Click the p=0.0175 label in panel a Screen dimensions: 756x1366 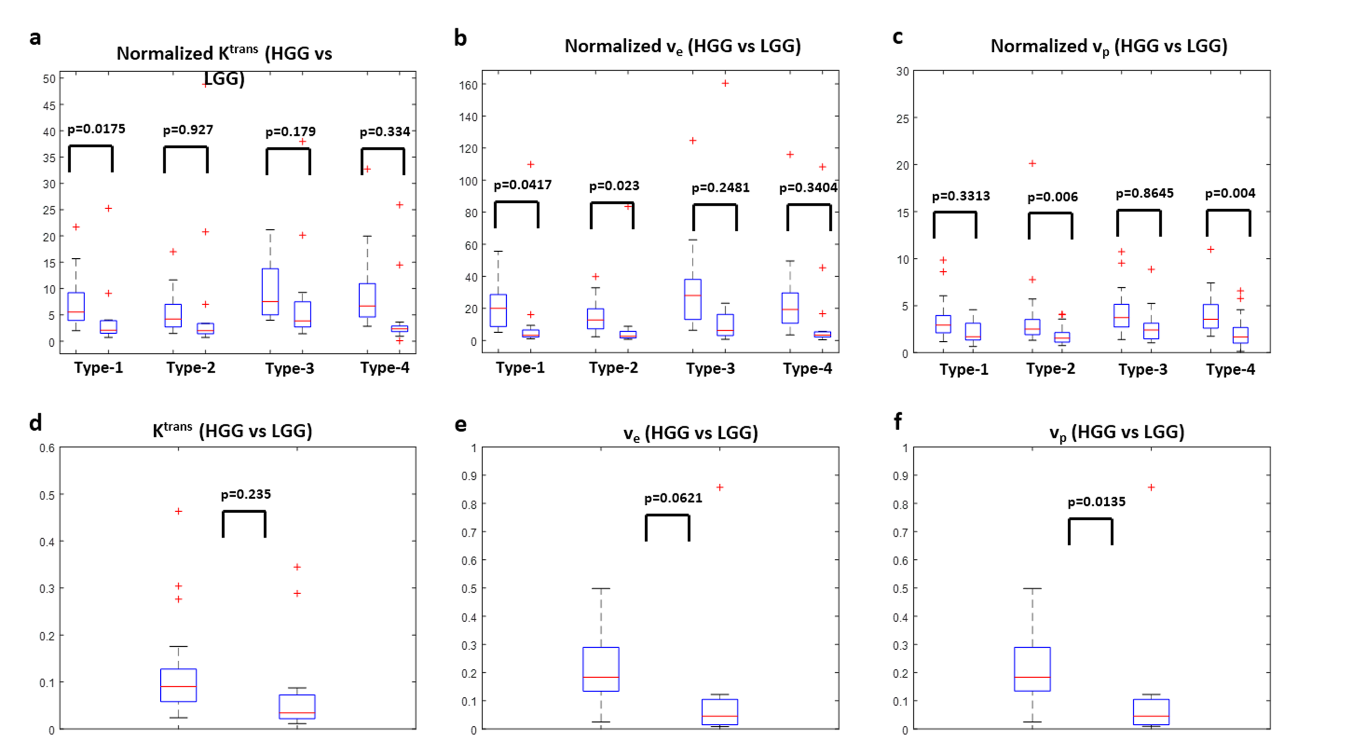click(x=96, y=129)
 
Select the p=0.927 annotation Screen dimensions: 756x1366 click(x=188, y=130)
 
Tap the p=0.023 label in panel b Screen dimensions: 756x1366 click(x=614, y=186)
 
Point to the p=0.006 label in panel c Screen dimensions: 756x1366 click(x=1052, y=197)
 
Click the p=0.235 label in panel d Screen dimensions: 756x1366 click(x=246, y=495)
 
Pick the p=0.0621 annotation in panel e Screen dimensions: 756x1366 click(x=673, y=498)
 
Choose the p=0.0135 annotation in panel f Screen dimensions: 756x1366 click(x=1096, y=502)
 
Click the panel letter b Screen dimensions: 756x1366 click(x=460, y=38)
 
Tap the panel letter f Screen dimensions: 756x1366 click(x=897, y=422)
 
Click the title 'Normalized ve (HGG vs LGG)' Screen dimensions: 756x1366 click(x=683, y=47)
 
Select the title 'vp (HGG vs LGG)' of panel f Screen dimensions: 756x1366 click(x=1117, y=433)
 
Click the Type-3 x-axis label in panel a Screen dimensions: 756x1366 click(x=289, y=368)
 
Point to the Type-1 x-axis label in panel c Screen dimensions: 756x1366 click(x=963, y=369)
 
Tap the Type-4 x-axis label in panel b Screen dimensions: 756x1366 click(x=807, y=368)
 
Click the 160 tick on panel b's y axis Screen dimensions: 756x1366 click(x=468, y=85)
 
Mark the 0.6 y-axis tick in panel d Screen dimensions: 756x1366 click(x=47, y=448)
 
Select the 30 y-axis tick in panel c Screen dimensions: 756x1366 click(x=902, y=72)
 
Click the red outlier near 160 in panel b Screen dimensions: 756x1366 click(x=725, y=83)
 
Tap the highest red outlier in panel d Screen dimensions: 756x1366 click(x=179, y=511)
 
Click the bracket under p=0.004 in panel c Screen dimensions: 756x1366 click(x=1228, y=212)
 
